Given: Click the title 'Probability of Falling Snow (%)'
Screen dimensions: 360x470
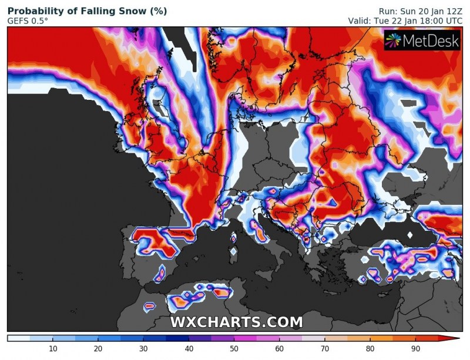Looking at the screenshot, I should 87,11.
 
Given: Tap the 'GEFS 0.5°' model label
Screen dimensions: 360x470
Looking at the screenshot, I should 29,21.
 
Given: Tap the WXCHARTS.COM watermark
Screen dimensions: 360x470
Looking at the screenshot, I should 237,322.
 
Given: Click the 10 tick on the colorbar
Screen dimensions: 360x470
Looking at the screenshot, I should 53,349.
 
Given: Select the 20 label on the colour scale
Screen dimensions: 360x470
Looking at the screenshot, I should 98,349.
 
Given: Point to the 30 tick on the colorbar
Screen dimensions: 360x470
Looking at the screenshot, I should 143,349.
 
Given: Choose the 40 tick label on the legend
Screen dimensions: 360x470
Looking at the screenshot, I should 189,349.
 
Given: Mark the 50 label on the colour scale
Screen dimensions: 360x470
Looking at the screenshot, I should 234,349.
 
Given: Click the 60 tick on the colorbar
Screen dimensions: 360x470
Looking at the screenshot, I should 279,349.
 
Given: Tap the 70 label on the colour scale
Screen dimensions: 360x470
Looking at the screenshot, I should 324,349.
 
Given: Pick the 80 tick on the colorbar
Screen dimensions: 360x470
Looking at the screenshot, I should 370,349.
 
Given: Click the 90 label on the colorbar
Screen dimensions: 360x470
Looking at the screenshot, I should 415,349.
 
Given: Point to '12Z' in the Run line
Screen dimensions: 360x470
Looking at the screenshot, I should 454,11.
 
